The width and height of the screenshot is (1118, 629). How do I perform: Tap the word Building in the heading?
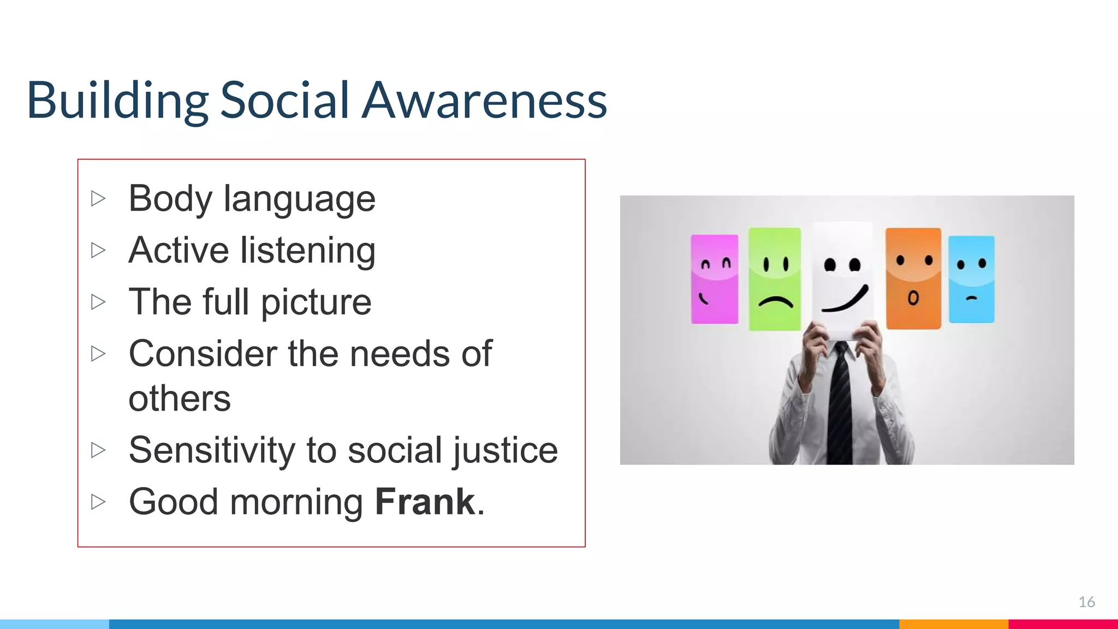tap(117, 100)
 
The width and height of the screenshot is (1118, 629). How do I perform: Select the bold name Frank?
tap(425, 502)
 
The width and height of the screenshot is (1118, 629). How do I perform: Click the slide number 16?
tap(1086, 602)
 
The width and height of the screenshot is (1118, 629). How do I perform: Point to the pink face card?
tap(714, 279)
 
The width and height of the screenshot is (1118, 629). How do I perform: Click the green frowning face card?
tap(775, 279)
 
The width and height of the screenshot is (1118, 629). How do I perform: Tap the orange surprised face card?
tap(913, 278)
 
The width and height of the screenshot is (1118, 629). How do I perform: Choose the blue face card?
tap(971, 279)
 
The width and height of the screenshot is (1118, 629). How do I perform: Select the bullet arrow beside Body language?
tap(98, 198)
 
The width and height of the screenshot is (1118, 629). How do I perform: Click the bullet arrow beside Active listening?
tap(98, 250)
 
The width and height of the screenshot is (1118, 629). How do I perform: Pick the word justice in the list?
tap(505, 450)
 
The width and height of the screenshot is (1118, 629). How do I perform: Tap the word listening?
tap(308, 251)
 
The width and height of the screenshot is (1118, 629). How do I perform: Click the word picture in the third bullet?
tap(316, 302)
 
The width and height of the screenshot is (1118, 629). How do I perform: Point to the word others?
tap(180, 399)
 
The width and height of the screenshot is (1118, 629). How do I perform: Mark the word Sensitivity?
tap(212, 450)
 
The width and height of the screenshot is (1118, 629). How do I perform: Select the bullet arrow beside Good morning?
tap(98, 501)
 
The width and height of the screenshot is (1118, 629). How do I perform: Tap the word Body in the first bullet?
tap(170, 198)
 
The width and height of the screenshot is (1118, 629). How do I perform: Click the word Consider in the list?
tap(203, 354)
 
